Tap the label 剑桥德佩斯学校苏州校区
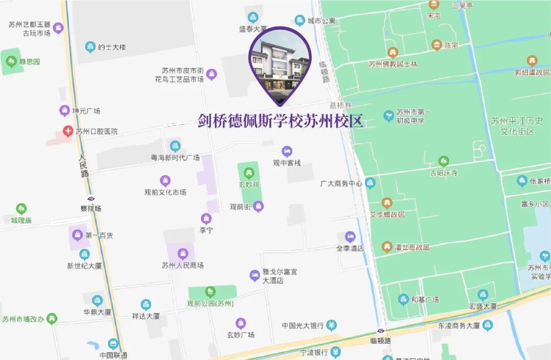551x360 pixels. pyautogui.click(x=280, y=122)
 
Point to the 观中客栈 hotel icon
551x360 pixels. pyautogui.click(x=287, y=152)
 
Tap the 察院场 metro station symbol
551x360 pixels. pyautogui.click(x=91, y=199)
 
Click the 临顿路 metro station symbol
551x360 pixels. pyautogui.click(x=381, y=331)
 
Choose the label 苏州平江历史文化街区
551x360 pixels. pyautogui.click(x=517, y=126)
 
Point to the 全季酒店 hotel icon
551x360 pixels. pyautogui.click(x=350, y=236)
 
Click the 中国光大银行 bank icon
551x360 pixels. pyautogui.click(x=332, y=325)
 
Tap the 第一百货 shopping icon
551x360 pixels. pyautogui.click(x=78, y=235)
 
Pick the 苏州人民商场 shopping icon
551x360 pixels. pyautogui.click(x=183, y=254)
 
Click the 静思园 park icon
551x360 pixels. pyautogui.click(x=11, y=61)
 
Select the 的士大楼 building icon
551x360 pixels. pyautogui.click(x=90, y=47)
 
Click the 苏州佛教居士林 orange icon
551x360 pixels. pyautogui.click(x=392, y=53)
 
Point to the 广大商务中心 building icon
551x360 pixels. pyautogui.click(x=370, y=183)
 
